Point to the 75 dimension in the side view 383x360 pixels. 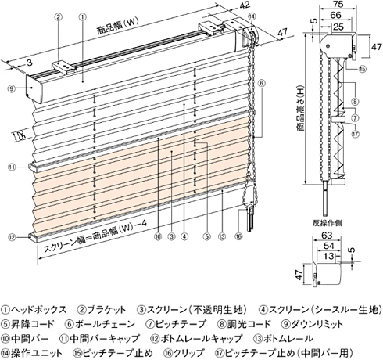click(338, 5)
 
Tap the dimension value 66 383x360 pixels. click(335, 15)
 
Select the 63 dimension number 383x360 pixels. click(328, 236)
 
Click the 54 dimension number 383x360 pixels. click(328, 246)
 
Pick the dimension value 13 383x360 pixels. click(328, 255)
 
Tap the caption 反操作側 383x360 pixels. click(328, 223)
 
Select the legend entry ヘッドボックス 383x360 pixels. click(34, 310)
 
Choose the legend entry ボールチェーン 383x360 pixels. click(100, 324)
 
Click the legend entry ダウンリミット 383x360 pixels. click(312, 324)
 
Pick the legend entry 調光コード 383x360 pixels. click(244, 324)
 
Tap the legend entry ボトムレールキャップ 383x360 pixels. click(196, 339)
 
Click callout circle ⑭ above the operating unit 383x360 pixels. click(252, 16)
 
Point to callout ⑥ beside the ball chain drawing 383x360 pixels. click(262, 83)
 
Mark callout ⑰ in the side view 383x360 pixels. click(356, 134)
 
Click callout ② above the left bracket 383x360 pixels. click(59, 17)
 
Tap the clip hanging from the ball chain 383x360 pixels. click(250, 218)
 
